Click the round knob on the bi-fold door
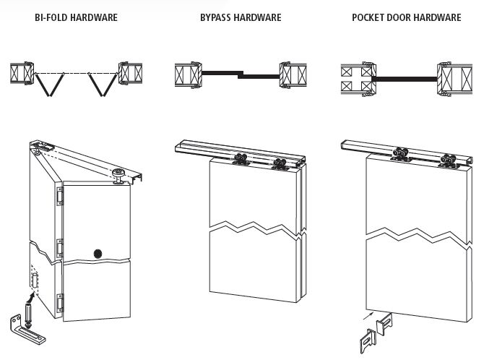pos(98,253)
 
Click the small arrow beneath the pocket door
pos(369,314)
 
